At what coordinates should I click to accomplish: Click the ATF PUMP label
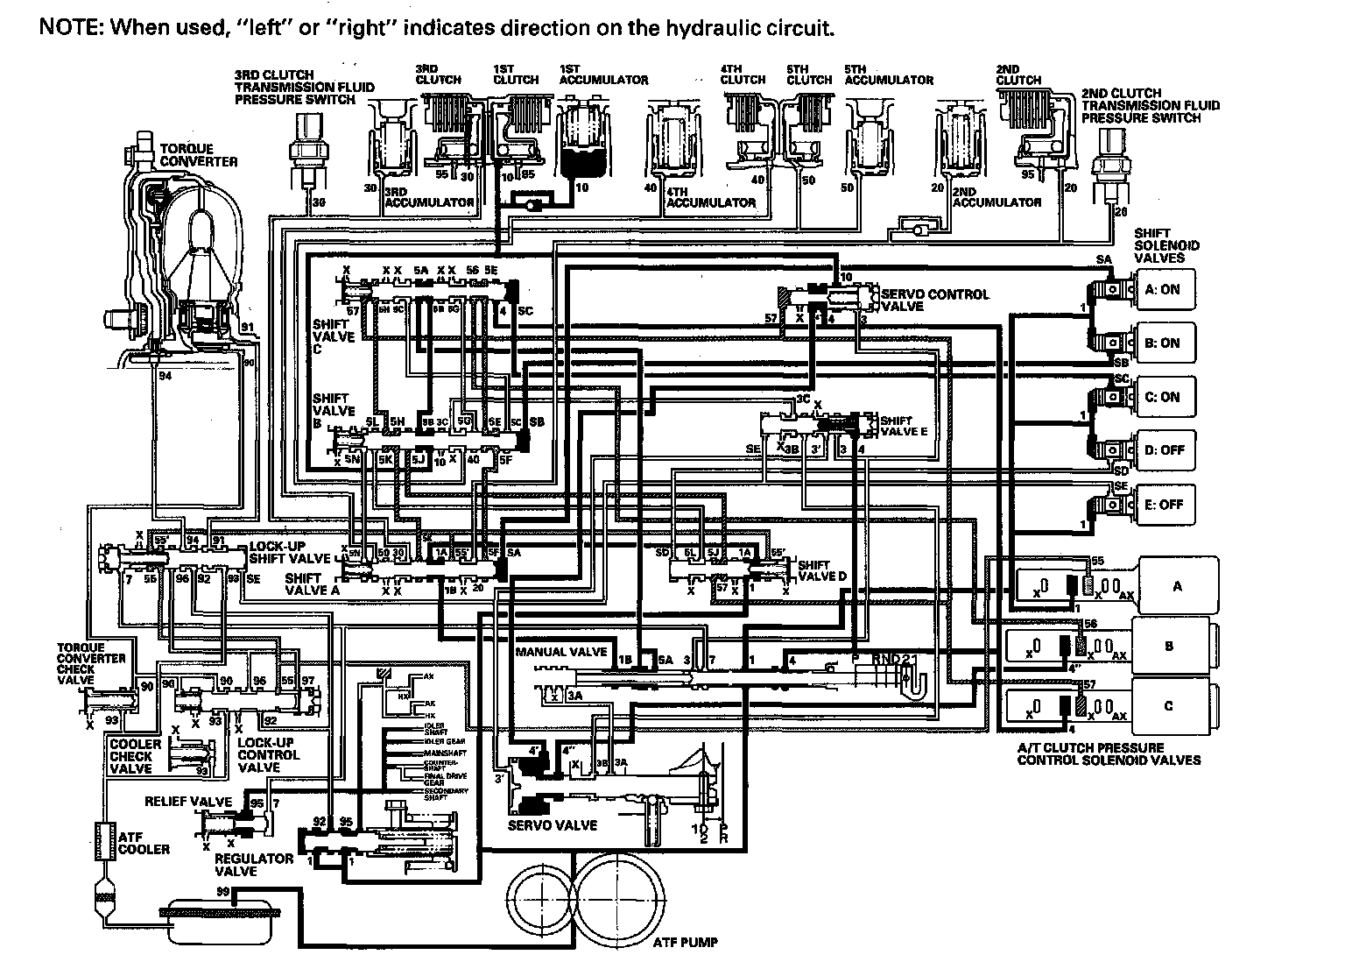pos(685,943)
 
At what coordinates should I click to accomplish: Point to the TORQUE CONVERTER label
pos(198,156)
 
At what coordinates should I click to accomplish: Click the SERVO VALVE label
pos(553,825)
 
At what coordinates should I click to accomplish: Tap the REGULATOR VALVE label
pos(255,865)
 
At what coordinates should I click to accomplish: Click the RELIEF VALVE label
pos(188,802)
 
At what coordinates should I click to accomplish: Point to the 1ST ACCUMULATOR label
pos(603,74)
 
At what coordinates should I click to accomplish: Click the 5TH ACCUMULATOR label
pos(888,74)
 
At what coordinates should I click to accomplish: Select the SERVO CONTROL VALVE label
pos(934,301)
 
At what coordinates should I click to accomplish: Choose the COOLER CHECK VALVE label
pos(135,756)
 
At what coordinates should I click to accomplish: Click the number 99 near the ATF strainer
pos(223,892)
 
